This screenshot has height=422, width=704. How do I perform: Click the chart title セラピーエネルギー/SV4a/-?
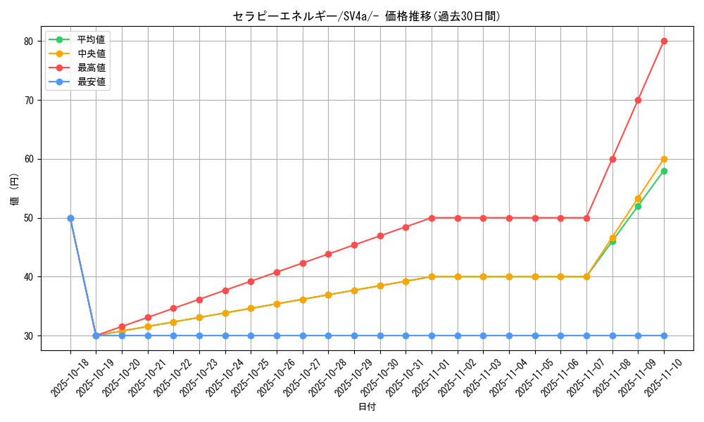tap(366, 16)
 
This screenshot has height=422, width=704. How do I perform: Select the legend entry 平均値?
tap(91, 39)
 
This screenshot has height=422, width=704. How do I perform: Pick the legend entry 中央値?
tap(91, 53)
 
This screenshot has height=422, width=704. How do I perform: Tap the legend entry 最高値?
tap(91, 68)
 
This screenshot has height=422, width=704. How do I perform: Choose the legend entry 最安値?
tap(91, 82)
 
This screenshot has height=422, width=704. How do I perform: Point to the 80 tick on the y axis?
tap(29, 41)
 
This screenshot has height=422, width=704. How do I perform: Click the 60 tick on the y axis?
tap(29, 159)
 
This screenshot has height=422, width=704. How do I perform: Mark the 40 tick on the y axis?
tap(29, 277)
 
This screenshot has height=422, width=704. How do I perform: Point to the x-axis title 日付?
tap(367, 407)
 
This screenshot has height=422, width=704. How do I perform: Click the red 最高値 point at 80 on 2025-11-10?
tap(664, 41)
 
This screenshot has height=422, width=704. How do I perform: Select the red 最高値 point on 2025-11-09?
tap(638, 100)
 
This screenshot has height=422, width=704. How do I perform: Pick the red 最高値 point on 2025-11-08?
tap(612, 159)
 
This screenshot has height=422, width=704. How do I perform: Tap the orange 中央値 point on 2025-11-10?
tap(664, 159)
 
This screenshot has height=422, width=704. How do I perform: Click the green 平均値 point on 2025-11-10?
tap(664, 171)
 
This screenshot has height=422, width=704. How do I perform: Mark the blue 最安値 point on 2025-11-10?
tap(664, 335)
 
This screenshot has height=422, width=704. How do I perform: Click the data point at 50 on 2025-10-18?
tap(70, 218)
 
